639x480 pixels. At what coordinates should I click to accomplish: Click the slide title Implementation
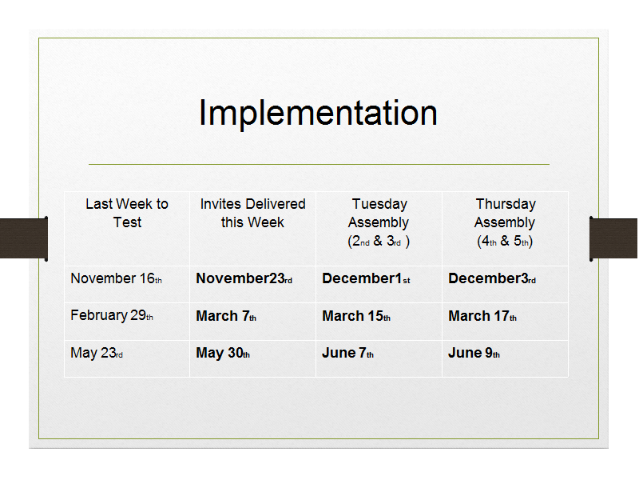(x=318, y=113)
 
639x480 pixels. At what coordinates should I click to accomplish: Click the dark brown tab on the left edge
(x=24, y=238)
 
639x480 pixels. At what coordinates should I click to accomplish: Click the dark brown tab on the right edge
(x=613, y=238)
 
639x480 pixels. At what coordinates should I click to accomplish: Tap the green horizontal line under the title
(x=319, y=165)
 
